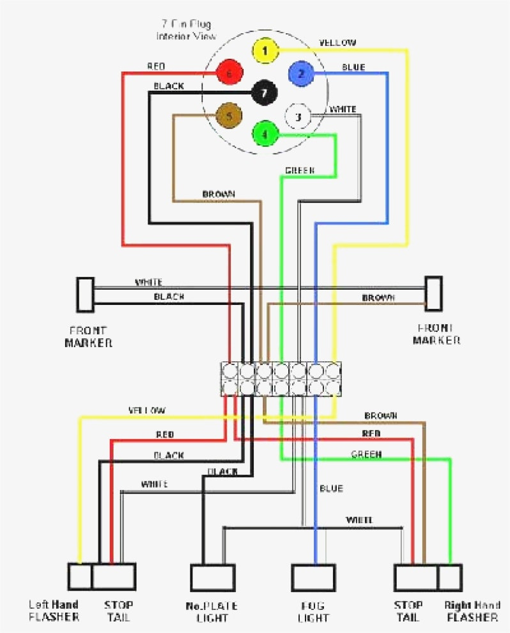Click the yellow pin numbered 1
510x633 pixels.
click(x=264, y=50)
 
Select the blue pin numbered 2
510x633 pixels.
click(x=301, y=74)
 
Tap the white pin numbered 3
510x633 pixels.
click(x=298, y=116)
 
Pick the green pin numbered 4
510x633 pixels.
click(x=265, y=134)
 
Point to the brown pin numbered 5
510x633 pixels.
click(x=228, y=116)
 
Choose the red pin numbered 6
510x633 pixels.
click(x=229, y=74)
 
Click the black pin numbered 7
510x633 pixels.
click(x=264, y=93)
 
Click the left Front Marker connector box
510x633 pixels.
click(x=85, y=293)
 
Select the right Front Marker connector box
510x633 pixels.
click(x=434, y=293)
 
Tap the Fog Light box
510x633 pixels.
click(x=313, y=578)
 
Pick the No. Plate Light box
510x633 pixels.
click(x=212, y=578)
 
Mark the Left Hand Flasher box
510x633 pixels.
click(x=80, y=577)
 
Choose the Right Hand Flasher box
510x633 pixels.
click(x=449, y=577)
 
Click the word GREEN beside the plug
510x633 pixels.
click(x=299, y=171)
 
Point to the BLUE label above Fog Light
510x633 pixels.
click(x=331, y=488)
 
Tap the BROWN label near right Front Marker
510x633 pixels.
click(x=378, y=298)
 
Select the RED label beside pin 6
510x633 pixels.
click(x=156, y=66)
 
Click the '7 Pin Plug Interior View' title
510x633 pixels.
click(x=187, y=30)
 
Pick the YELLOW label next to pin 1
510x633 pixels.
click(x=337, y=43)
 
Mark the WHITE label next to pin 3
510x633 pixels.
click(x=343, y=109)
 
